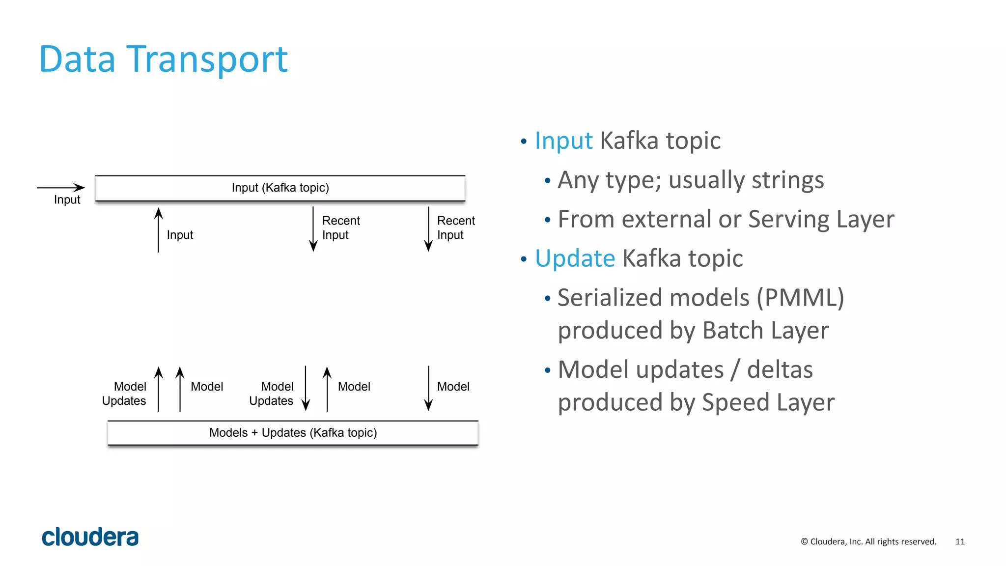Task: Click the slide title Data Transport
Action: tap(163, 59)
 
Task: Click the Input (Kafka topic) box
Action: tap(280, 188)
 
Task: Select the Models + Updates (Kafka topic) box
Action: tap(293, 433)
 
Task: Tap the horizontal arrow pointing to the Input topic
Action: tap(61, 187)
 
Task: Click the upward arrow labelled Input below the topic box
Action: tap(158, 230)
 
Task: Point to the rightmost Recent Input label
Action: tap(455, 227)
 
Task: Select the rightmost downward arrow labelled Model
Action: tap(428, 388)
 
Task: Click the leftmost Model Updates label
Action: tap(124, 394)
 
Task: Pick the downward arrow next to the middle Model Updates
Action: tap(306, 388)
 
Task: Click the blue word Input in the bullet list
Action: tap(563, 141)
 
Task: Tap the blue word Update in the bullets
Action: tap(575, 259)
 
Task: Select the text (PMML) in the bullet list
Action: tap(800, 298)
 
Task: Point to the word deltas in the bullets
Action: tap(780, 370)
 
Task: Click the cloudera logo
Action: tap(90, 537)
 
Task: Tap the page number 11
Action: tap(960, 541)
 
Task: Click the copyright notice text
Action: tap(868, 541)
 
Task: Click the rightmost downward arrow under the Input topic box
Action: tap(428, 229)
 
